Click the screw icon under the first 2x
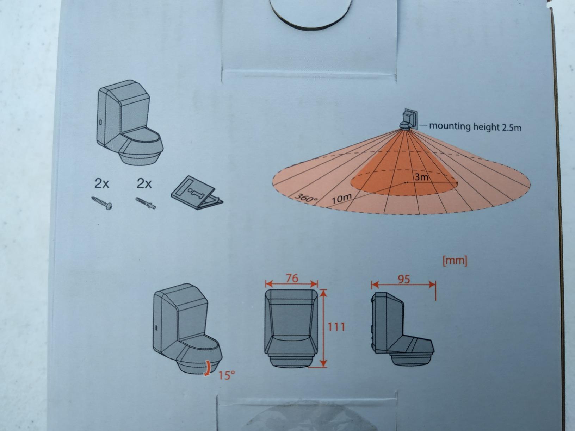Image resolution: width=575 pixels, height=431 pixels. coord(102,203)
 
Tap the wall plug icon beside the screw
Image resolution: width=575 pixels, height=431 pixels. coord(146,203)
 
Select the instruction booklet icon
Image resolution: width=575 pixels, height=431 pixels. coord(197,193)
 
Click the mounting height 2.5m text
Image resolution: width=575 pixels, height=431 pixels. coord(475,127)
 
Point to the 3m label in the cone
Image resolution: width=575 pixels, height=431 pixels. coord(421,177)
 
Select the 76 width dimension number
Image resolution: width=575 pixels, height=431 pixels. coord(292,278)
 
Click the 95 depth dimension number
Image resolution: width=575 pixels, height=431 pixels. coord(404,280)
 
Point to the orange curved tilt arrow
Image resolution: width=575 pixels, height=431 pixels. coord(208,368)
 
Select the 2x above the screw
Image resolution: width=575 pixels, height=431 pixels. coord(101,184)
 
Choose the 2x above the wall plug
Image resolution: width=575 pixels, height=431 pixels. coord(144,184)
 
